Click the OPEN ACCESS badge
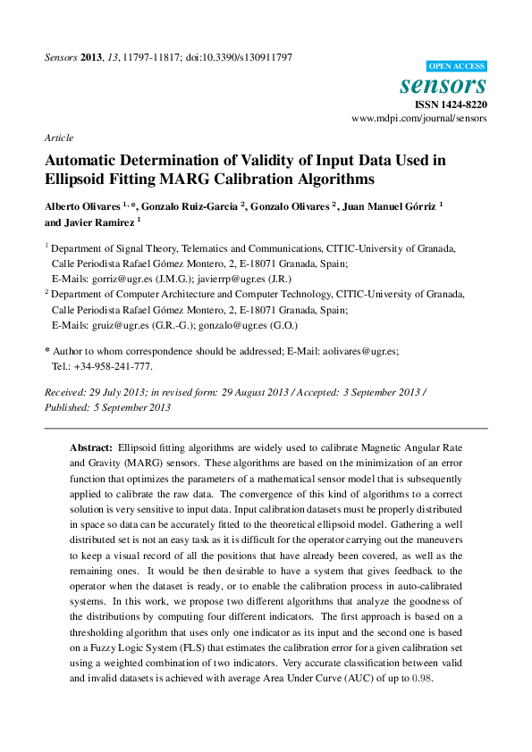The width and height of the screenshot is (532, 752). tap(456, 66)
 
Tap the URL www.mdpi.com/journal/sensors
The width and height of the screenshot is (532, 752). tap(419, 118)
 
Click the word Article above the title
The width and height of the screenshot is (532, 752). tap(58, 138)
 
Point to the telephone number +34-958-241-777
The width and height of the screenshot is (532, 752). tap(112, 366)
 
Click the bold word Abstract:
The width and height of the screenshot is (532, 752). tap(91, 446)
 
